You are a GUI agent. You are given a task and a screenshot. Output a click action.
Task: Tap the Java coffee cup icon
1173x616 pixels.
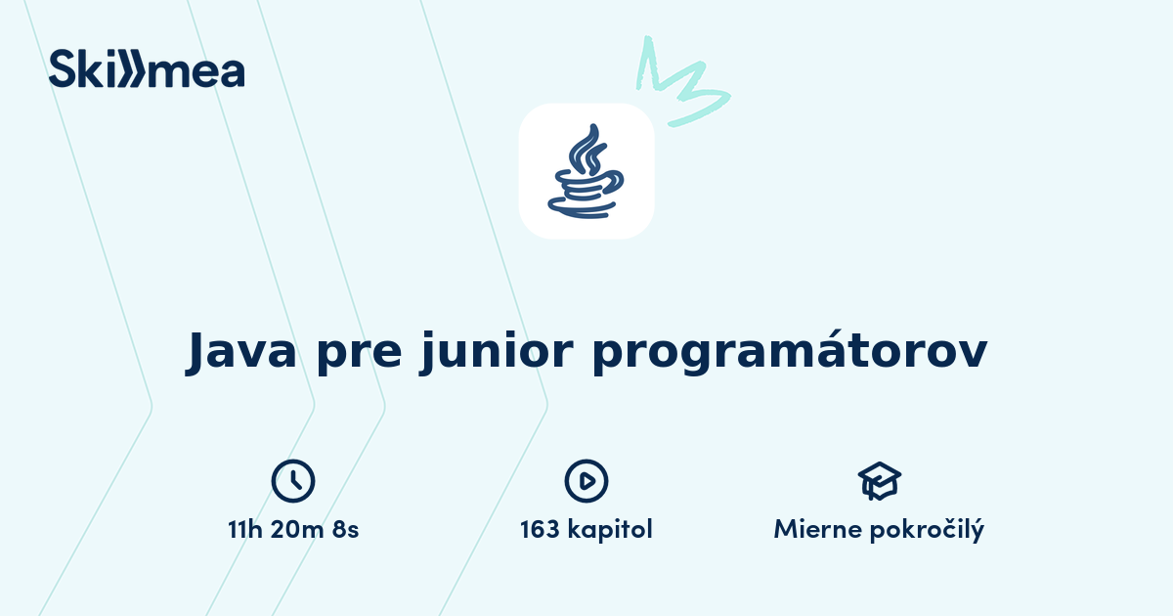[586, 172]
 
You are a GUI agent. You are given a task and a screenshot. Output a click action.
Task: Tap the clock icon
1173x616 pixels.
[293, 480]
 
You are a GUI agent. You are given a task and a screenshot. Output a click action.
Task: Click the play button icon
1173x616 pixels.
[586, 480]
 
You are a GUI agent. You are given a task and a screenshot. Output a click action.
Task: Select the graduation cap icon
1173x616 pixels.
[879, 480]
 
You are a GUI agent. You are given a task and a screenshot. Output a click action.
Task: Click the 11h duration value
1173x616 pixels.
[246, 530]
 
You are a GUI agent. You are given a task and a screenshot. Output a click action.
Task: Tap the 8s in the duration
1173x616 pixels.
[345, 530]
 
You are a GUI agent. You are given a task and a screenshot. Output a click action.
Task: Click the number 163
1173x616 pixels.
[541, 530]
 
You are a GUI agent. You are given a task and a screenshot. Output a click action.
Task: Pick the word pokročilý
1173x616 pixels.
[929, 530]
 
